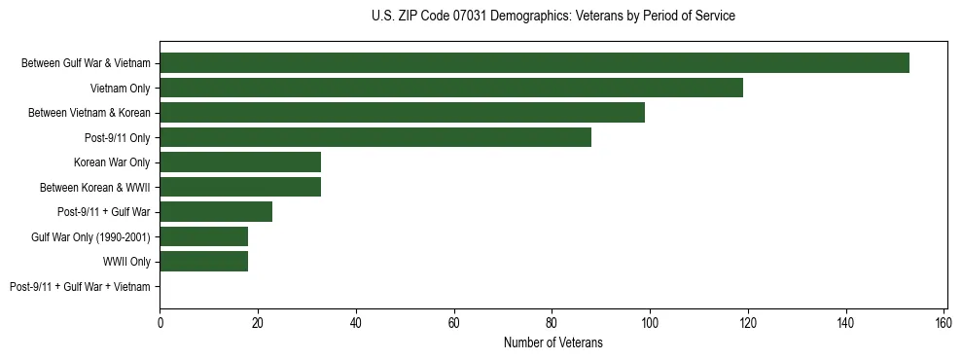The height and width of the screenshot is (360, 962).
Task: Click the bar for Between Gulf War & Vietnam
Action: [534, 63]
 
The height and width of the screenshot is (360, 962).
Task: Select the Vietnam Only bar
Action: [451, 88]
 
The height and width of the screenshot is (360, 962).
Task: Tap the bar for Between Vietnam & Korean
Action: [402, 113]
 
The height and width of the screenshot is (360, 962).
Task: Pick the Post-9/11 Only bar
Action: [375, 137]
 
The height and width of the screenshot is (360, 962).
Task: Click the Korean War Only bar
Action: [240, 162]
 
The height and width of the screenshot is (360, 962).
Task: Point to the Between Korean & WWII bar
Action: [240, 187]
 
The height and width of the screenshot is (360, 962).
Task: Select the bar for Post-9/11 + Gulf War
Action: [216, 212]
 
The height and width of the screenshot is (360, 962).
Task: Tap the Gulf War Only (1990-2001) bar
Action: [204, 236]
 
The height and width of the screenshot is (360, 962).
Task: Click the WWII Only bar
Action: [204, 262]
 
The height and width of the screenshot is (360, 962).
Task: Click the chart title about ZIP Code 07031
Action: [552, 17]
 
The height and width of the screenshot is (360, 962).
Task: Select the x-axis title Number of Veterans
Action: [552, 342]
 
